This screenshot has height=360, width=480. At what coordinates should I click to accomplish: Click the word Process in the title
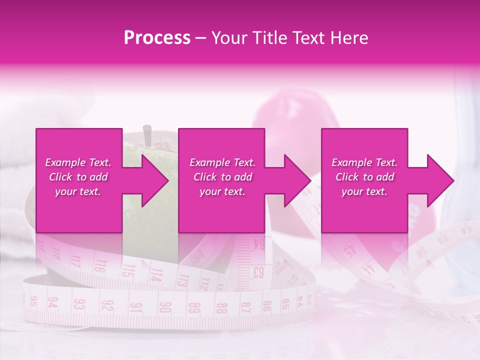[157, 38]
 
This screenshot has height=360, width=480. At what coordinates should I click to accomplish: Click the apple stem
[148, 133]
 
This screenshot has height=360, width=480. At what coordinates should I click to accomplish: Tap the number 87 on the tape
[245, 306]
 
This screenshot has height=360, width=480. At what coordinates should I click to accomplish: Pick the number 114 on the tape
[157, 274]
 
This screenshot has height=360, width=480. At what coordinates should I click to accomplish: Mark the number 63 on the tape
[258, 272]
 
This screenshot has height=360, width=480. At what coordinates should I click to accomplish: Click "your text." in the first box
[77, 191]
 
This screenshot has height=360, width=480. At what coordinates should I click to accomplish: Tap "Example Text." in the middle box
[222, 162]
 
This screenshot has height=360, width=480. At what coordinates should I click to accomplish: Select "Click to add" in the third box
[365, 177]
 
